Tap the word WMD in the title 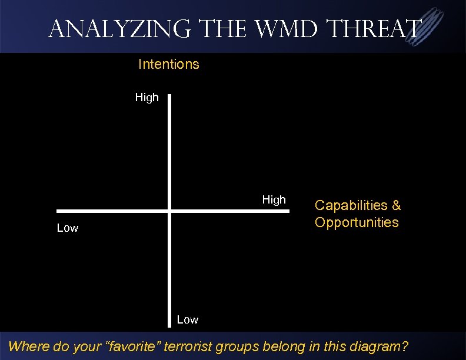(x=281, y=28)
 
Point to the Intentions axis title (x=168, y=64)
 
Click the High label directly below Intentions (x=147, y=98)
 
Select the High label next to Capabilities (x=274, y=200)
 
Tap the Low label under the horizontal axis (x=67, y=228)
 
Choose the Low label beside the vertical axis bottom (x=188, y=320)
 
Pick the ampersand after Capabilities (x=396, y=205)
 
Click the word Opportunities (x=357, y=222)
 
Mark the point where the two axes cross (x=169, y=211)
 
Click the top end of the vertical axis (x=169, y=96)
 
